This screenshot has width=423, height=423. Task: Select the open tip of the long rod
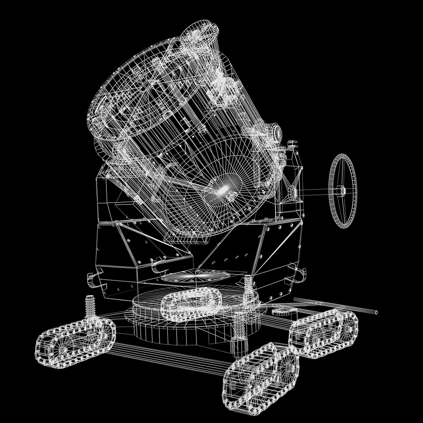tap(376, 312)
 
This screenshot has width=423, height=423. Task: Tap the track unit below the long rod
tap(324, 333)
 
